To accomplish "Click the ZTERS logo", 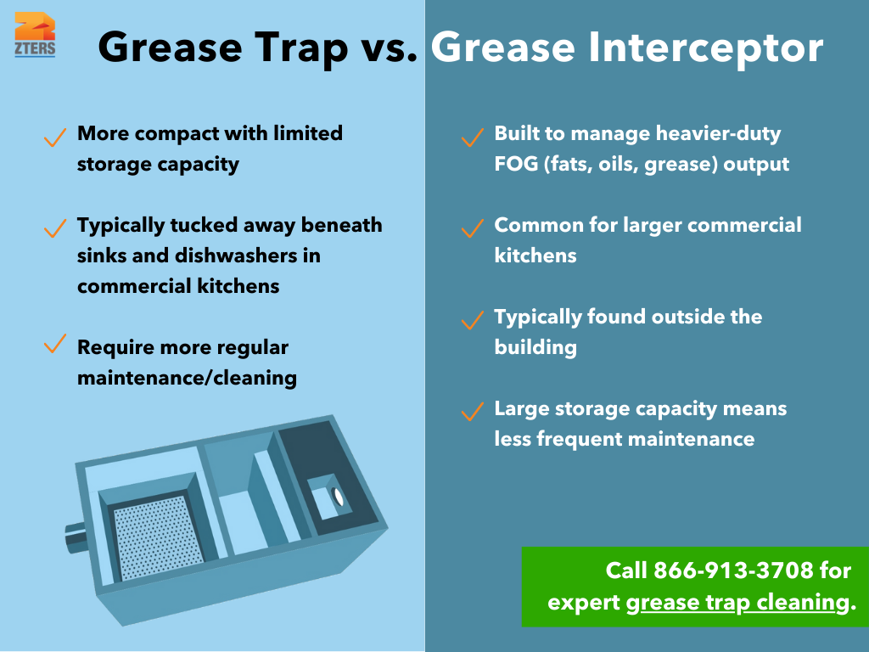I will click(35, 34).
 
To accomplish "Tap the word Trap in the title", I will click(292, 48).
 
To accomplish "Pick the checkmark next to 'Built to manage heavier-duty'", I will click(472, 137).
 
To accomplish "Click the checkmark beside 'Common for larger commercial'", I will click(472, 228).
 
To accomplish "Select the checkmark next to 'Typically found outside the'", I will click(472, 320).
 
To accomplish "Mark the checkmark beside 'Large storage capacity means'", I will click(472, 412).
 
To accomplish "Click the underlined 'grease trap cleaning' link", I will click(737, 603).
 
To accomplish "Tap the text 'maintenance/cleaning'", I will click(187, 378).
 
